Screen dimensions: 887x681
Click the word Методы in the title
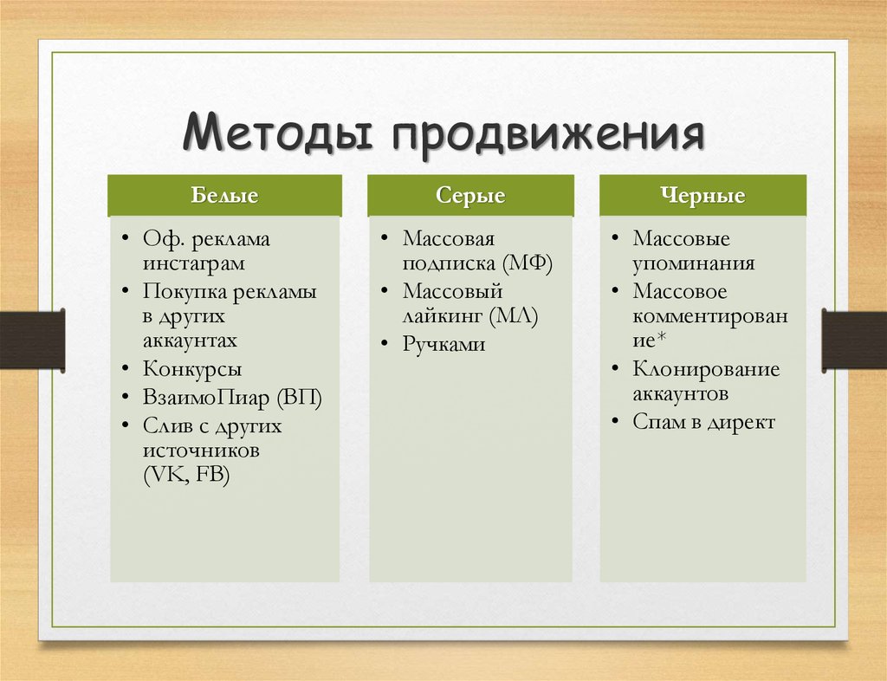277,133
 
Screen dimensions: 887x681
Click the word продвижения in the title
548,136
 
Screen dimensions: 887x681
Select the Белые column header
224,195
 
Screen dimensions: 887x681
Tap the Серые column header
470,195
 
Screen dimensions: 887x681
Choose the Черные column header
702,195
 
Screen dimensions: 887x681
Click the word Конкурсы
191,369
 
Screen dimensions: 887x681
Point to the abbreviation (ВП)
299,398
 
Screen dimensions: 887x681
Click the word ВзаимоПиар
206,398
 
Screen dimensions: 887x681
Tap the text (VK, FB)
187,475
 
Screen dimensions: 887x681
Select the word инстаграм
193,264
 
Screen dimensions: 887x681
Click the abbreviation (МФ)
527,263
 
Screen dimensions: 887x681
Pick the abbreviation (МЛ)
514,316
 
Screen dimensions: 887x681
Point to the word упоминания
694,264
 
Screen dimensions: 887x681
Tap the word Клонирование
706,369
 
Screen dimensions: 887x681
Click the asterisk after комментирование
661,338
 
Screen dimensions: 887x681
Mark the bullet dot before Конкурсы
126,369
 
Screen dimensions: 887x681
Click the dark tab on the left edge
32,340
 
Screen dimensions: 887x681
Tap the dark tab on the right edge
854,340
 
